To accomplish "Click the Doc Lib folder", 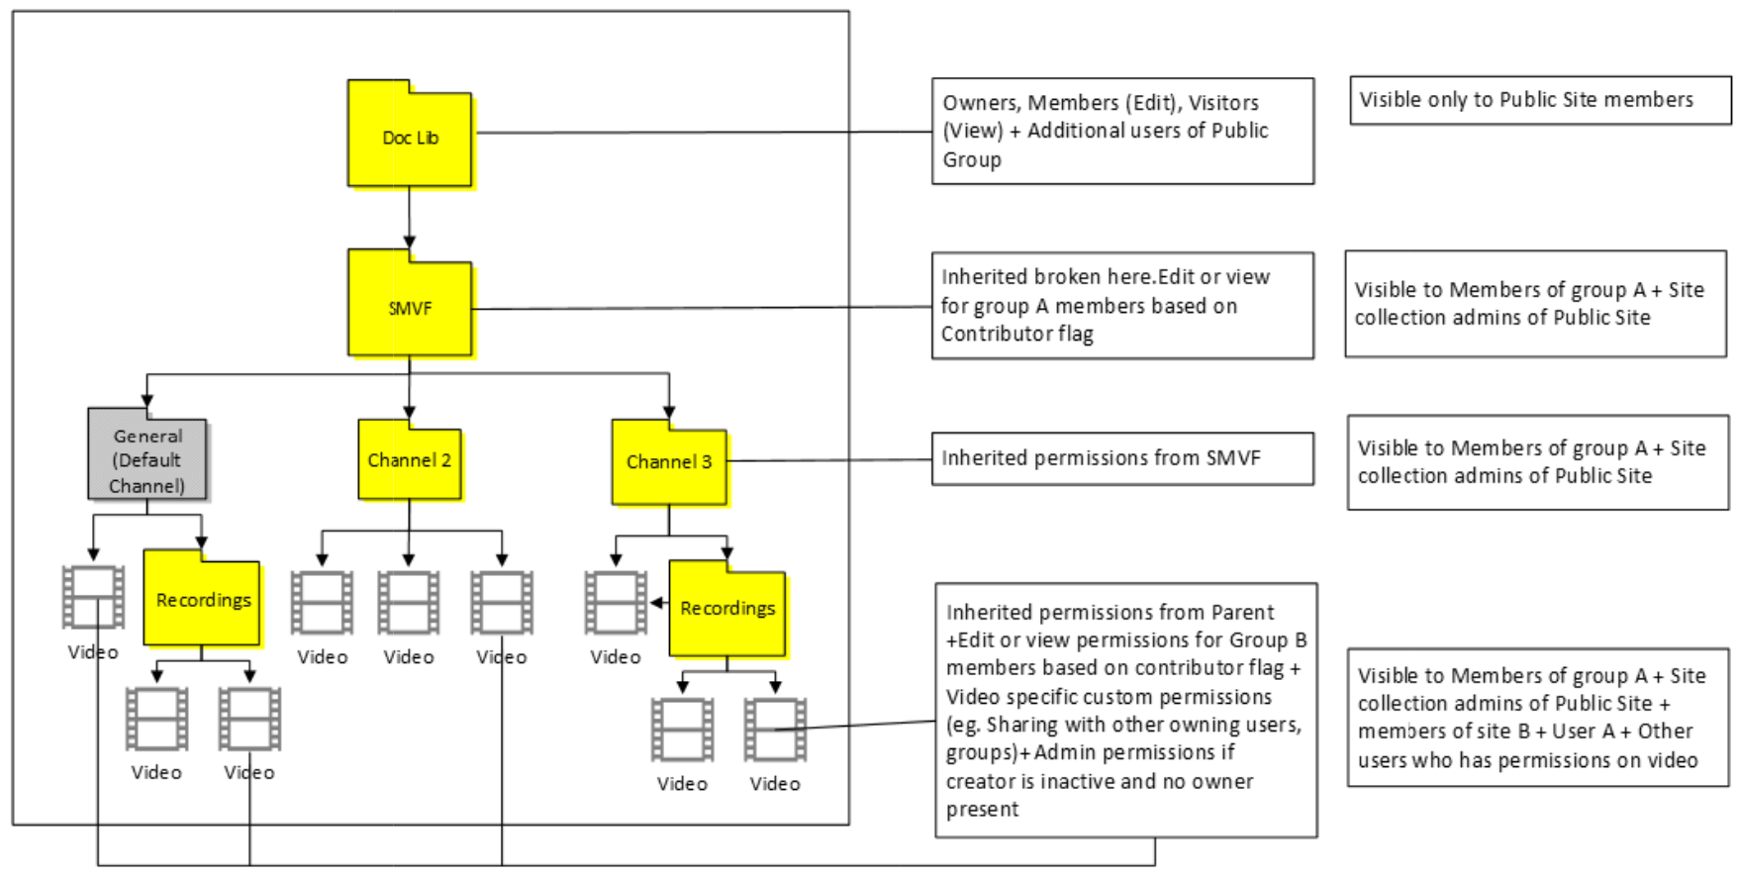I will [x=410, y=136].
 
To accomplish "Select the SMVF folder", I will [x=410, y=306].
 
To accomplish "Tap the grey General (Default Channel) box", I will [x=147, y=459].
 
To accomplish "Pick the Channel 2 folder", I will [x=409, y=461].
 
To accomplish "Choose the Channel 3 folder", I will [x=669, y=462].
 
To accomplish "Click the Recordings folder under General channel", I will [x=202, y=601].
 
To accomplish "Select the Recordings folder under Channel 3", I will [x=727, y=609].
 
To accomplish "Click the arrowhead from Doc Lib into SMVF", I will [x=409, y=243].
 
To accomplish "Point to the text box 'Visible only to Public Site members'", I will [x=1539, y=100].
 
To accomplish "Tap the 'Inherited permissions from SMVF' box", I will [x=1122, y=458].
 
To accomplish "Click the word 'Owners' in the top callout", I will [x=980, y=103].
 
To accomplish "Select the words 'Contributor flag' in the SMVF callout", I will [x=1017, y=335].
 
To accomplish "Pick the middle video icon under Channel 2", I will [x=409, y=602].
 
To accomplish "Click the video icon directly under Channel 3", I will [x=616, y=602].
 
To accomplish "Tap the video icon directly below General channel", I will [x=93, y=597].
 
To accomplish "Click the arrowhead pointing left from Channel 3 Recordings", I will [x=656, y=602].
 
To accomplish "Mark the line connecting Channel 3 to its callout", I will [x=829, y=460].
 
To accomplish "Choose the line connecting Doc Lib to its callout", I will [x=703, y=132].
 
